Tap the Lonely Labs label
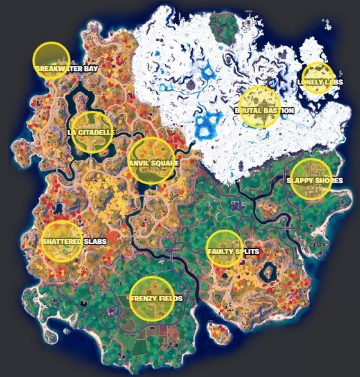click(x=317, y=82)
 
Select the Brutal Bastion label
click(x=264, y=111)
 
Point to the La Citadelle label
click(x=91, y=133)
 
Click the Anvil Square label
click(x=154, y=163)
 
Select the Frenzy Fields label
click(x=156, y=299)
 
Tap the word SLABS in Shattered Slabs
click(x=94, y=241)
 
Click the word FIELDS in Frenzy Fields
click(x=170, y=299)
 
